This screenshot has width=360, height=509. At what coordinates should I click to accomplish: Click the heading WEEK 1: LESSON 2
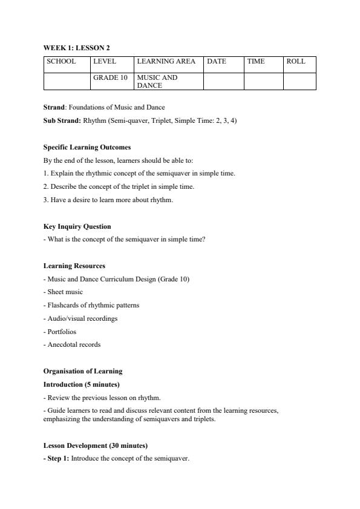(x=76, y=47)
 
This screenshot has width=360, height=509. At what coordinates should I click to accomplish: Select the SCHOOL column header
(x=62, y=61)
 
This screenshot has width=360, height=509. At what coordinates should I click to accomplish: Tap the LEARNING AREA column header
(x=166, y=61)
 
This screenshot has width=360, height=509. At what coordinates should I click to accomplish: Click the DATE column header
(x=217, y=61)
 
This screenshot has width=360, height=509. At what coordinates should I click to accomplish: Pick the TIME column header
(x=256, y=61)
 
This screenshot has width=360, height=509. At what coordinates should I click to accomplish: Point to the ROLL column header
(x=296, y=61)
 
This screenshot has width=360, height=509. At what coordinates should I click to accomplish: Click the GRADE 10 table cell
(x=110, y=78)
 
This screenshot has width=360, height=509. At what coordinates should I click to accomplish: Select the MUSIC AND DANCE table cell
(x=157, y=82)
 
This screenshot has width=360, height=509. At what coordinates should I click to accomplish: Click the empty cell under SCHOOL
(x=67, y=81)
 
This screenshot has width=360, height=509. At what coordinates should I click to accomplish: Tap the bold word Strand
(x=54, y=107)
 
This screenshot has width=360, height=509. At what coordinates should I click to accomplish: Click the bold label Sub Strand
(x=62, y=120)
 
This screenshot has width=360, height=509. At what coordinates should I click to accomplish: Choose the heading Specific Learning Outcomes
(x=87, y=147)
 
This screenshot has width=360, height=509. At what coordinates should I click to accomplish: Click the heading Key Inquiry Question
(x=77, y=226)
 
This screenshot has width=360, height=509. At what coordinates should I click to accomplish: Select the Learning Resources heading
(x=74, y=266)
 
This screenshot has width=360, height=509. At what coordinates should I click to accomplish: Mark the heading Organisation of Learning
(x=82, y=371)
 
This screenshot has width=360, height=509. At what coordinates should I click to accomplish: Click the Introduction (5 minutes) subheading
(x=81, y=384)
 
